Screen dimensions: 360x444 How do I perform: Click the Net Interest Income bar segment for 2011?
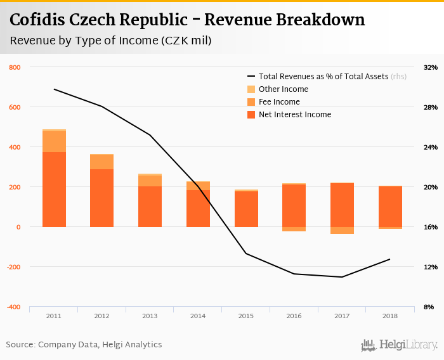tap(54, 189)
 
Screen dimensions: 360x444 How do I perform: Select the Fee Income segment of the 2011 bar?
tap(54, 141)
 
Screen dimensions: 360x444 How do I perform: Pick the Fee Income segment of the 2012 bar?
tap(101, 162)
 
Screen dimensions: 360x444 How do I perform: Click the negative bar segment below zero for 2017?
tap(343, 230)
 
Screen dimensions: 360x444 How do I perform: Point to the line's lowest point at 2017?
tap(343, 277)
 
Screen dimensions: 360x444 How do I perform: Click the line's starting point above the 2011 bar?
tap(54, 89)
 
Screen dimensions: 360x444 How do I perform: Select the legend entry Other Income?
tap(283, 89)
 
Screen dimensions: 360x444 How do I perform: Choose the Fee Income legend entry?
tap(279, 102)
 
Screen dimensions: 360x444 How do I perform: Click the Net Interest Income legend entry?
tap(294, 115)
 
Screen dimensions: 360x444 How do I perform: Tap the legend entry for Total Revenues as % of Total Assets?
tap(323, 77)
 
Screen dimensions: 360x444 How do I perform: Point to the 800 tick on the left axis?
tap(15, 67)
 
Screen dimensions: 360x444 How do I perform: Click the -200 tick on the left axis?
tap(13, 267)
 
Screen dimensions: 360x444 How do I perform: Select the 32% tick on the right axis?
tap(430, 67)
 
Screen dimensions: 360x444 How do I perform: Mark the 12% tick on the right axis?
tap(430, 267)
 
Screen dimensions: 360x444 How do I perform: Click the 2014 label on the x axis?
tap(198, 316)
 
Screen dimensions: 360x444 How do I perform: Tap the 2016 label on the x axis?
tap(294, 316)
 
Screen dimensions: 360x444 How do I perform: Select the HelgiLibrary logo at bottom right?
tap(400, 345)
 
